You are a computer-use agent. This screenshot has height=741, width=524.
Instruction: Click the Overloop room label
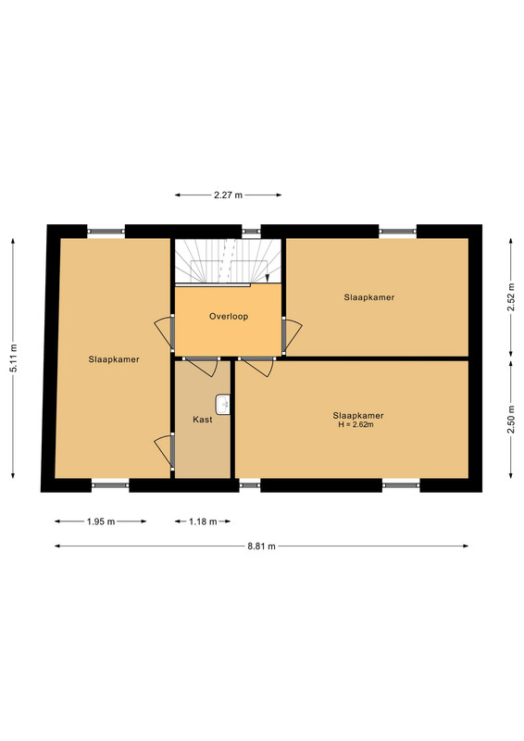point(229,317)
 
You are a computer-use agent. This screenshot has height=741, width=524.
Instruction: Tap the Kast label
point(203,420)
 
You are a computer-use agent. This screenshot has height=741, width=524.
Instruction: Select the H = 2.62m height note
point(356,425)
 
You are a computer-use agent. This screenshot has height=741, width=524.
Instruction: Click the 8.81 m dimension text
point(261,546)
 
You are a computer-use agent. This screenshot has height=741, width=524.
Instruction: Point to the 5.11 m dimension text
point(13,358)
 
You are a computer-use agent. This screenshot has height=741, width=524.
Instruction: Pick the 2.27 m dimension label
point(229,195)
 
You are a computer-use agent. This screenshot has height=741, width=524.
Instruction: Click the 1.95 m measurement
point(101,521)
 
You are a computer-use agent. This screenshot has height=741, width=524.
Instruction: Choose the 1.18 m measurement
point(203,521)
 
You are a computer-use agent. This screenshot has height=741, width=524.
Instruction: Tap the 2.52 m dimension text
point(511,296)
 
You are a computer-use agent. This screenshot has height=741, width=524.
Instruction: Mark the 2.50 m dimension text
point(511,420)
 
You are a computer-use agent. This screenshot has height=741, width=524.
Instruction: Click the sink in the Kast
point(222,405)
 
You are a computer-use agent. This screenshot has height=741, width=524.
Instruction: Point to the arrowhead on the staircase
point(268,278)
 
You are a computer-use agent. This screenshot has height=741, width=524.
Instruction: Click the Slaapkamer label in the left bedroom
point(114,359)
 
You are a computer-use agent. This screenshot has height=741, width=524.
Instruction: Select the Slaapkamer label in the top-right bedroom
point(369,297)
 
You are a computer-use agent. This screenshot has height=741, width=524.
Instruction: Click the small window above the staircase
point(252,232)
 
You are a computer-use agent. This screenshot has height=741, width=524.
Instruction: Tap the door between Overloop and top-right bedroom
point(292,336)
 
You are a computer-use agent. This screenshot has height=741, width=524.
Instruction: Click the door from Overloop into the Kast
point(202,366)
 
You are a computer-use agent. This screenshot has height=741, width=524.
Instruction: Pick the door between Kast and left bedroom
point(165,451)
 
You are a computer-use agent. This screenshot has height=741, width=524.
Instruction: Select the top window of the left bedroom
point(106,231)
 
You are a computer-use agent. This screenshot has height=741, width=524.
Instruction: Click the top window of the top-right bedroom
point(397,231)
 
